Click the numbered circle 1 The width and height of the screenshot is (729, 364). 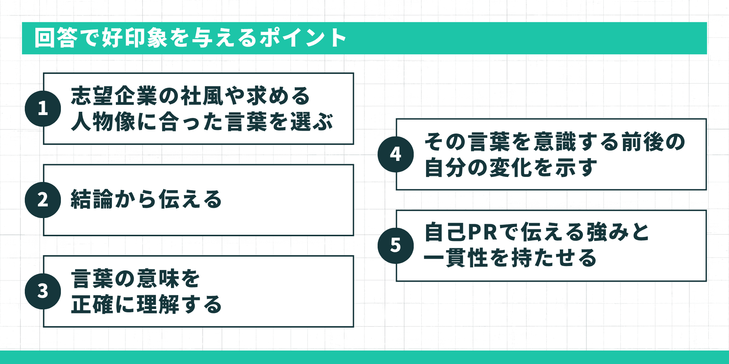pyautogui.click(x=43, y=108)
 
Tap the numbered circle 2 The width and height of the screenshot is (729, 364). pyautogui.click(x=43, y=200)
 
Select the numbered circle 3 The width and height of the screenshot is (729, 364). pyautogui.click(x=43, y=291)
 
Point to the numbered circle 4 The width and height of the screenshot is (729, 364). pyautogui.click(x=396, y=154)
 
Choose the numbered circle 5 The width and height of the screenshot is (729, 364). pyautogui.click(x=396, y=245)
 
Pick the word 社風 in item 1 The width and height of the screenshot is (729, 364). pyautogui.click(x=202, y=96)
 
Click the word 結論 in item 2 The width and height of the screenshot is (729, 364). pyautogui.click(x=92, y=199)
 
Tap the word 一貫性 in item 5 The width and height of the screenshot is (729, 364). pyautogui.click(x=456, y=258)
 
